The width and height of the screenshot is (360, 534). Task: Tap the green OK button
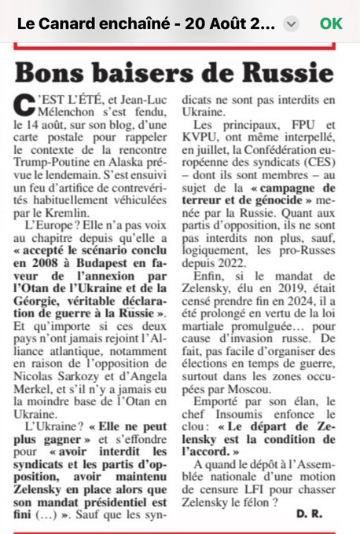tap(331, 24)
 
